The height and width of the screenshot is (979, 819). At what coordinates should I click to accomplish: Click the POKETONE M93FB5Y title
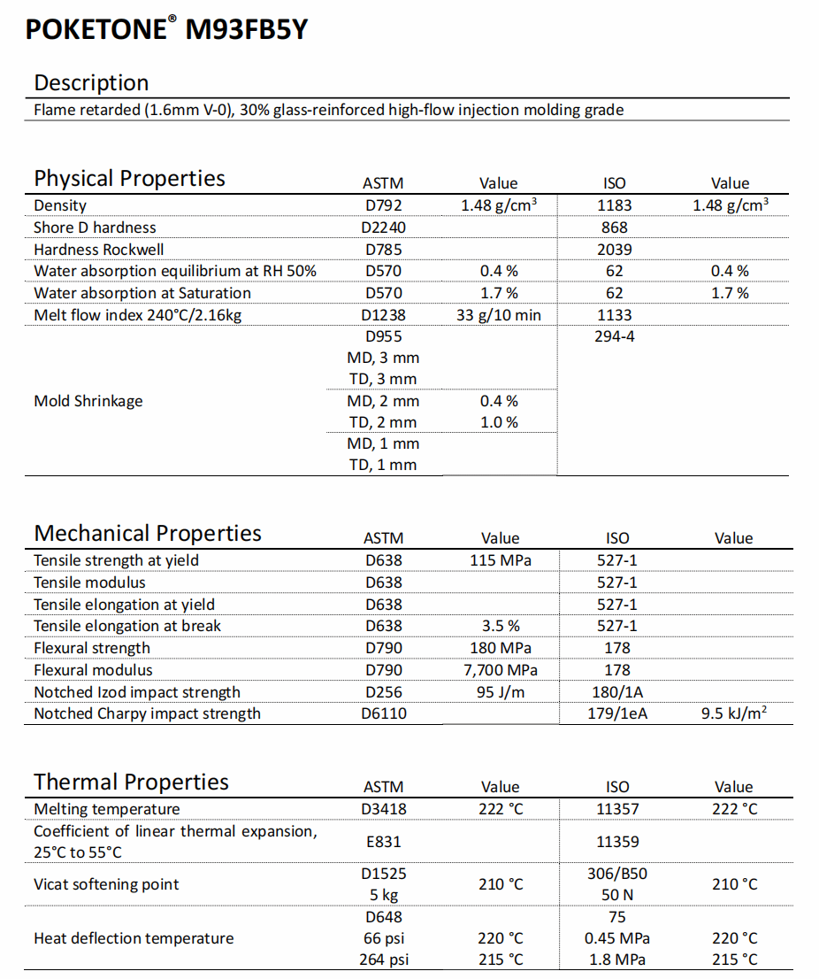[166, 28]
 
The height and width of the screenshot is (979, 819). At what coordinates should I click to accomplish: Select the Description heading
[91, 83]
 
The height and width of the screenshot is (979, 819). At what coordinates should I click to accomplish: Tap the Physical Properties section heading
[129, 179]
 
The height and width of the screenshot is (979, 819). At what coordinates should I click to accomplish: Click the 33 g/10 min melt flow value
[498, 315]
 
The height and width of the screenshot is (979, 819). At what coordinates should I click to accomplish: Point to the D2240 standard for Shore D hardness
[383, 227]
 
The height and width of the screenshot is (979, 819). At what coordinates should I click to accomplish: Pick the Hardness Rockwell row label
[98, 249]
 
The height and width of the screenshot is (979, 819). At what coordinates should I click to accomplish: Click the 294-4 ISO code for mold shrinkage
[614, 335]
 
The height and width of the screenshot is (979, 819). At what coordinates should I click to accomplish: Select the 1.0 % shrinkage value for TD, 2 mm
[499, 422]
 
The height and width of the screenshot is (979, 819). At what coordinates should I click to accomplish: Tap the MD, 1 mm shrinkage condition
[383, 444]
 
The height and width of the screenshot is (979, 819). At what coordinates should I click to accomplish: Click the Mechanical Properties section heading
[148, 533]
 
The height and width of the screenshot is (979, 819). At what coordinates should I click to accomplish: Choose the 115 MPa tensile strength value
[501, 560]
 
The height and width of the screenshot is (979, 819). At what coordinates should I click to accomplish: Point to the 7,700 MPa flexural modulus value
[501, 670]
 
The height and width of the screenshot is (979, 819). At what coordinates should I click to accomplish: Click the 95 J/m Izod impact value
[501, 692]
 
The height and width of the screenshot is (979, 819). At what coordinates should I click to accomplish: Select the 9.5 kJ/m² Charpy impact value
[733, 713]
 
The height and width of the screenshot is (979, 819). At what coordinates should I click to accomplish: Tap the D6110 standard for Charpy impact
[384, 713]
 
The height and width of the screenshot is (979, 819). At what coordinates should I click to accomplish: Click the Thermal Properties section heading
[131, 782]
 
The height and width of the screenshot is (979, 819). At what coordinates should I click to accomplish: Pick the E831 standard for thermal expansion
[384, 842]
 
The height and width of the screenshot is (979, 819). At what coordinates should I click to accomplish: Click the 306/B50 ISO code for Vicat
[616, 874]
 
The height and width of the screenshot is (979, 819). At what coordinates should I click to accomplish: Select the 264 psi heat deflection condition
[384, 960]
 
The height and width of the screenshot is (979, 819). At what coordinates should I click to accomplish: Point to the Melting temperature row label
[107, 809]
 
